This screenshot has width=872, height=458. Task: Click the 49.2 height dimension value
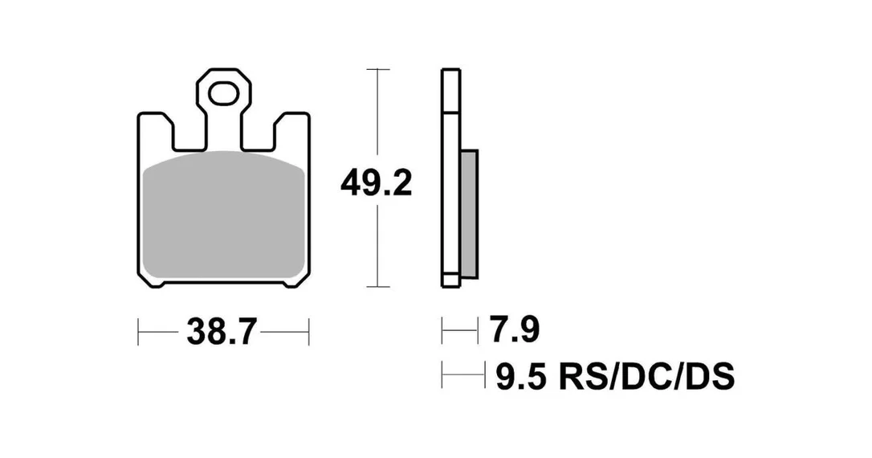coord(376,183)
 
